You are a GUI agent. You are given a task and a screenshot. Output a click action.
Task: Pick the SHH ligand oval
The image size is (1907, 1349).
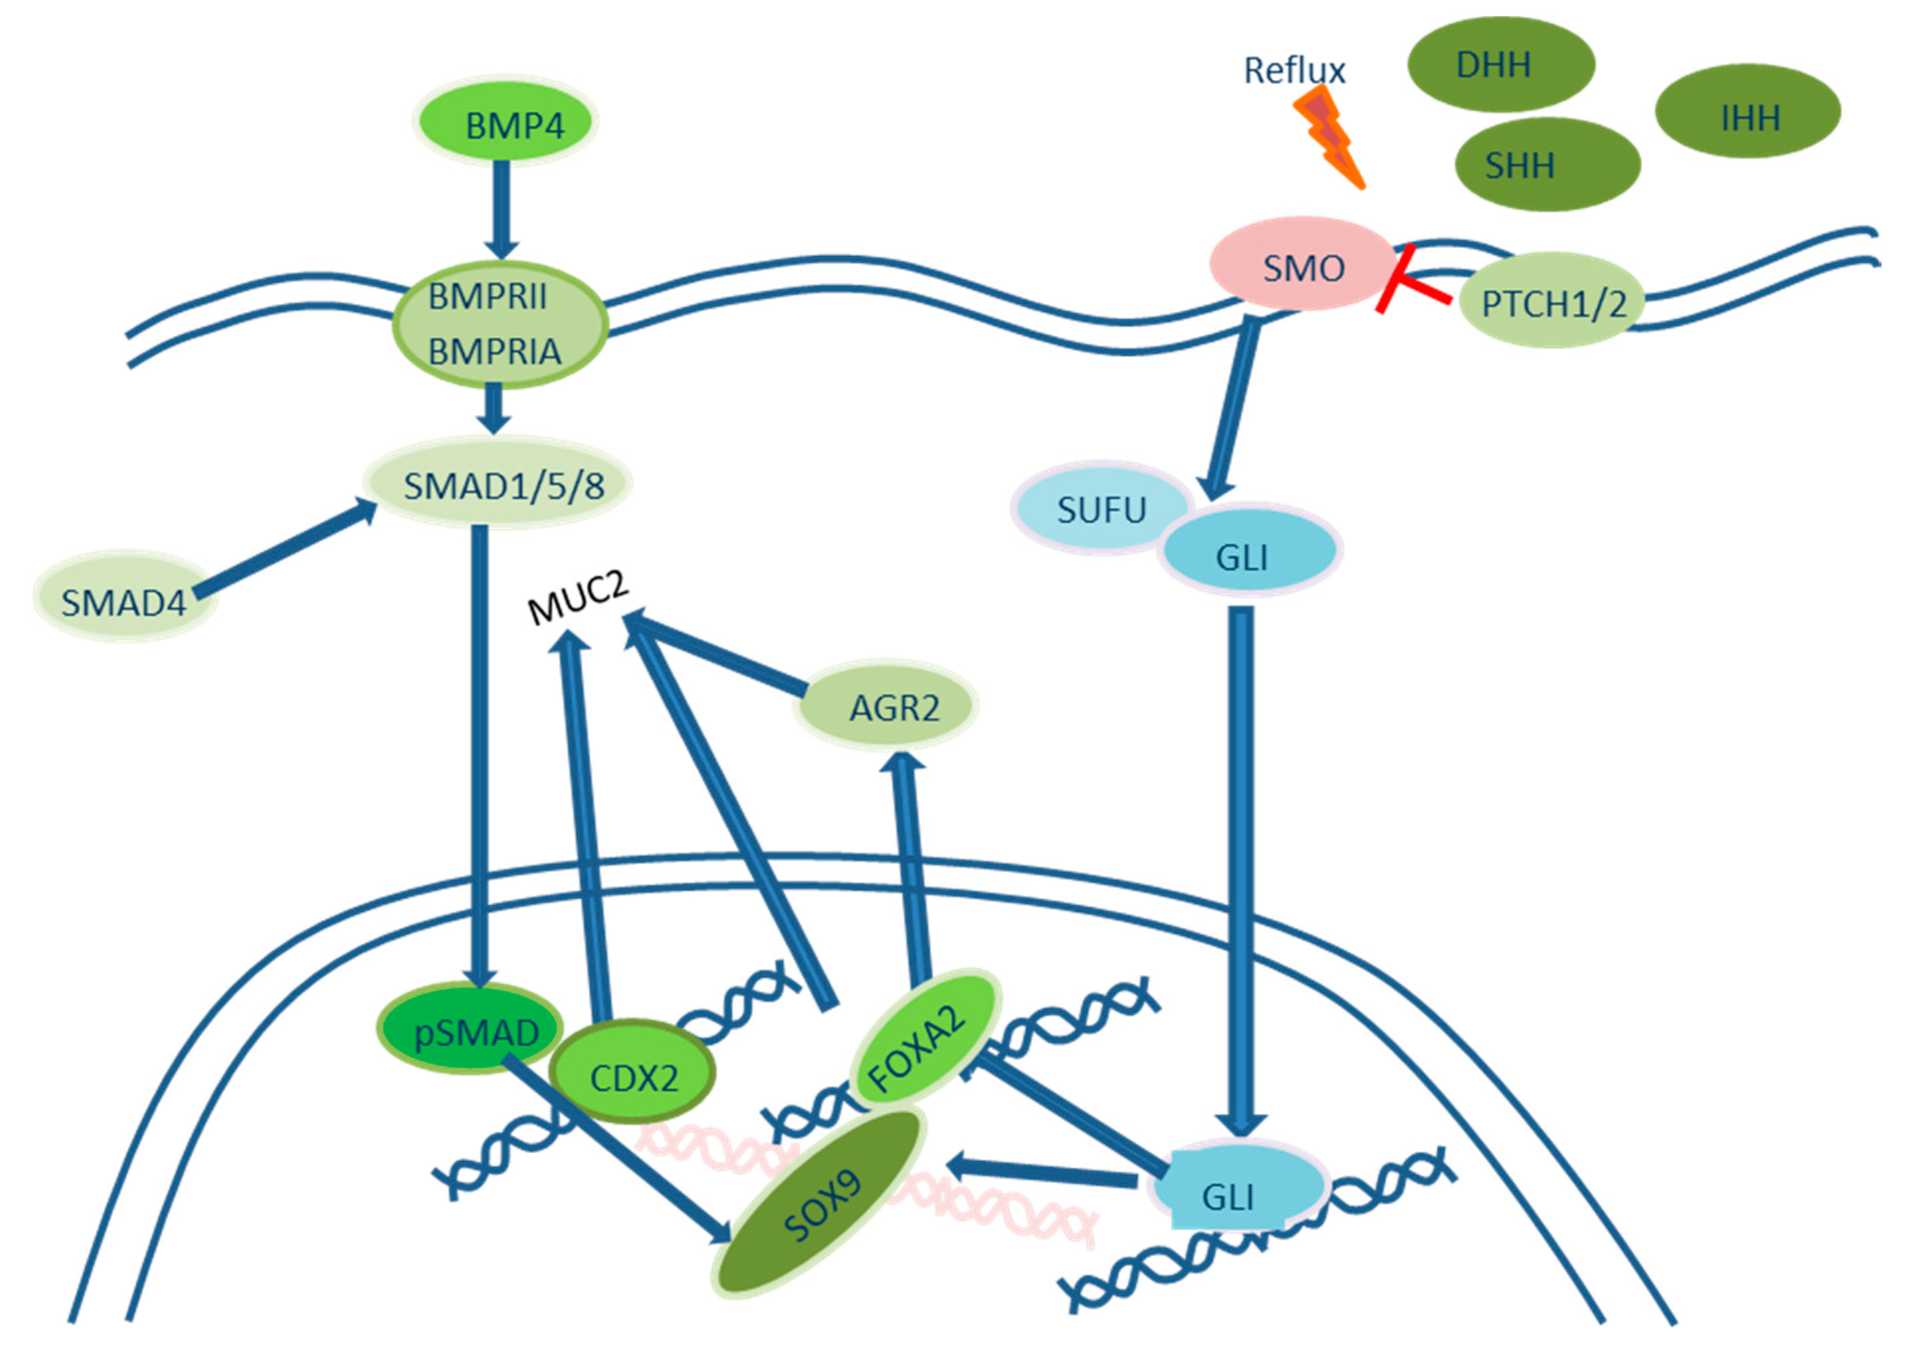(1546, 165)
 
